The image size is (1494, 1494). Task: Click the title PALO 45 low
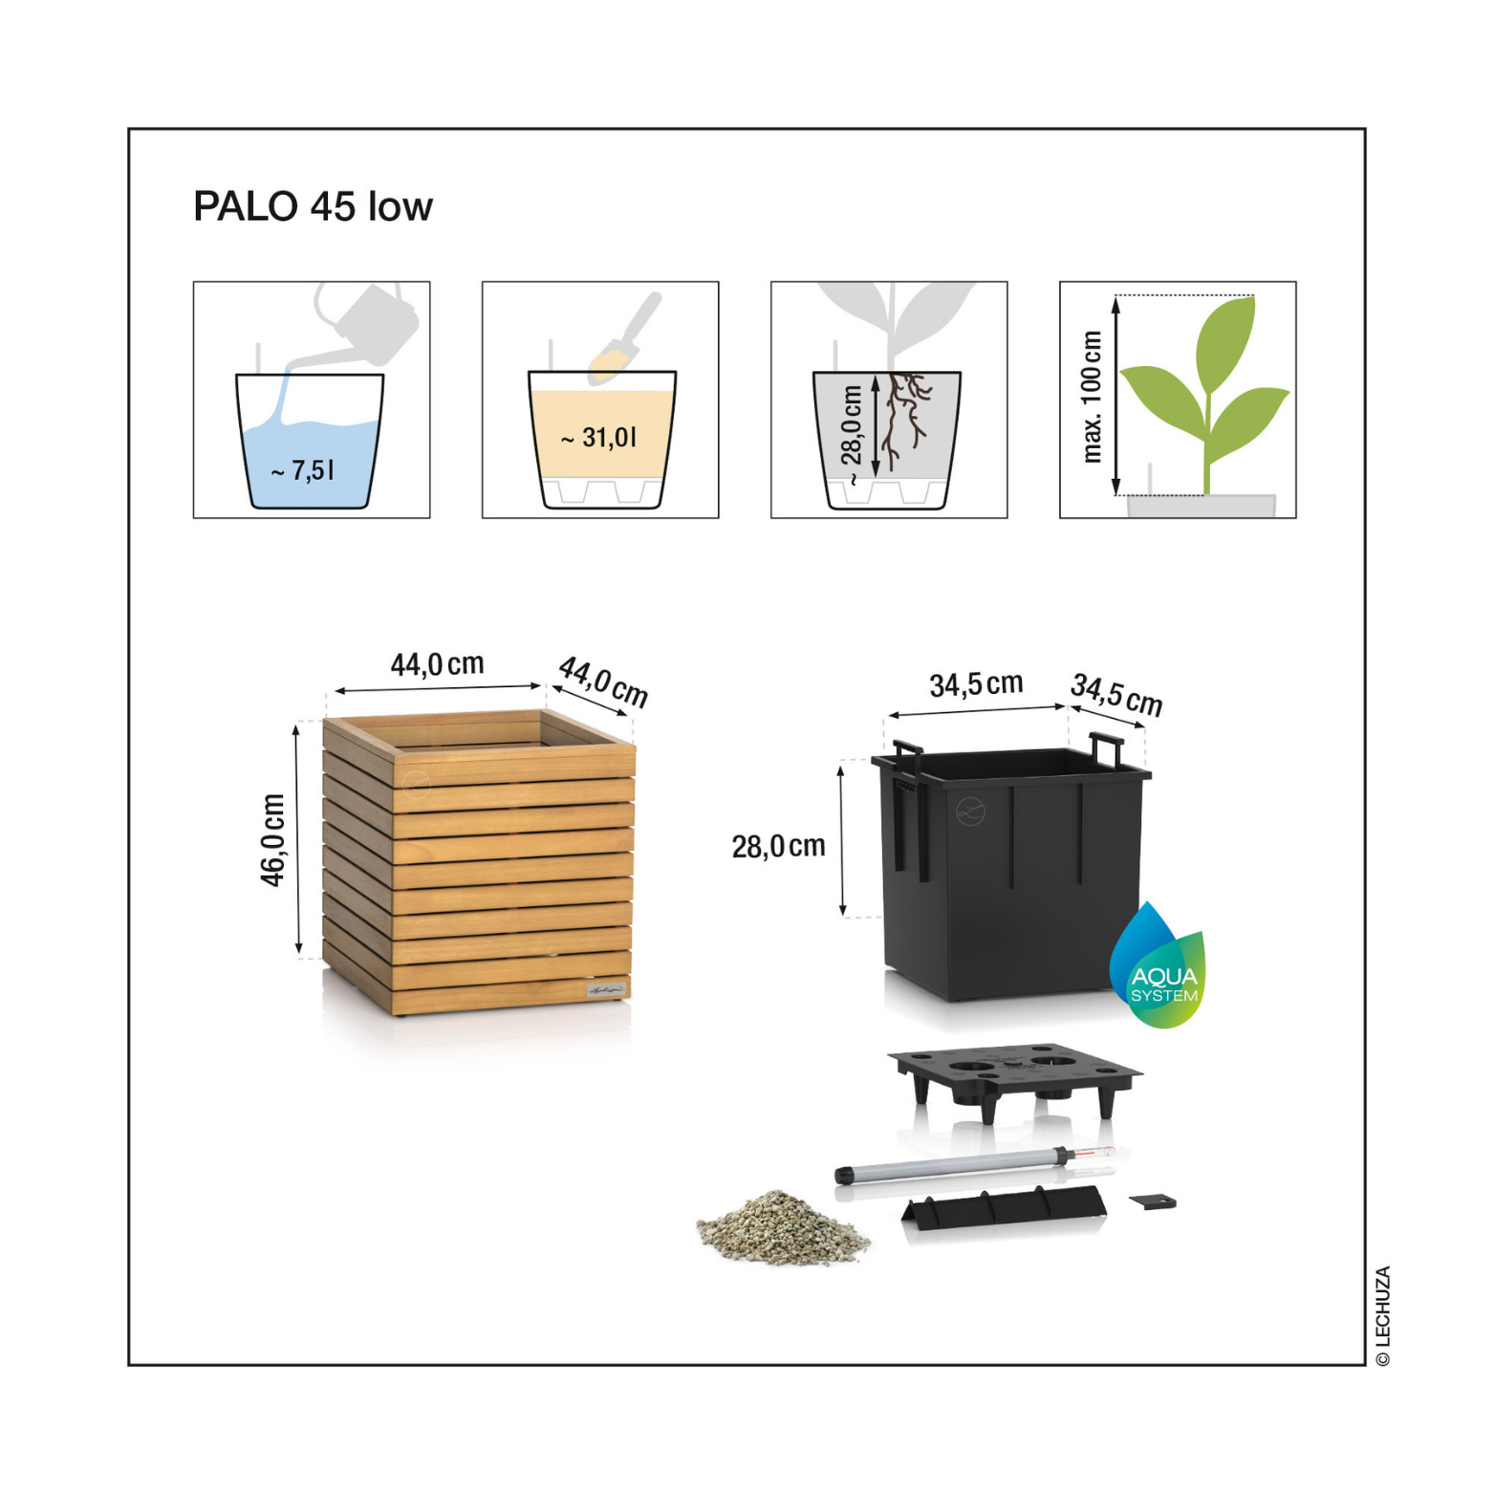point(313,206)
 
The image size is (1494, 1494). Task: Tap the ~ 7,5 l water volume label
point(302,470)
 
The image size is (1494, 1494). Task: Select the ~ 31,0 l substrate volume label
point(598,438)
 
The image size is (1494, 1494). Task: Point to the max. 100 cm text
point(1092,397)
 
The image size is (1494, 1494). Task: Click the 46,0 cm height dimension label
point(273,840)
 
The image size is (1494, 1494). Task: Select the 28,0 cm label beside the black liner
point(779,846)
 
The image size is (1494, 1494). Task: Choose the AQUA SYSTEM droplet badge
point(1158,967)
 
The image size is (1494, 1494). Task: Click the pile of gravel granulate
point(783,1227)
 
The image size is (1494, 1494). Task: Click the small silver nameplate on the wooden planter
point(607,990)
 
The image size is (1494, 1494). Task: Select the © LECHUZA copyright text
point(1383,1316)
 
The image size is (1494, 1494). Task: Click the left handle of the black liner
point(907,755)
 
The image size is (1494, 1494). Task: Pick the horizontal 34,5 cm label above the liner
point(976,684)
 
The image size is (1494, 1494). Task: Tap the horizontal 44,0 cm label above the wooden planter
point(437,664)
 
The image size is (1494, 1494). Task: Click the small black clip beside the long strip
point(1153,1202)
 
